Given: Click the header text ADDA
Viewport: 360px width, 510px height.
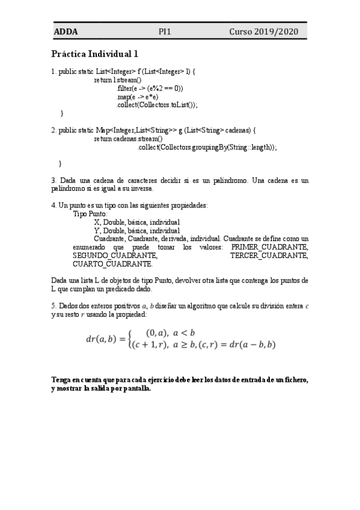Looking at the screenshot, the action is pos(66,32).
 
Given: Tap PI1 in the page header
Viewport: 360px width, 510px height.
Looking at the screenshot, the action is pos(165,32).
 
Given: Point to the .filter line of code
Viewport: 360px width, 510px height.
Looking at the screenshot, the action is pos(150,88).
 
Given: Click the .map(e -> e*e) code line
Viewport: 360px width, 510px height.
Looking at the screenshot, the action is pos(138,96).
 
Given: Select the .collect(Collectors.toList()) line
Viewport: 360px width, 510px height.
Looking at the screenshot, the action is pos(157,105).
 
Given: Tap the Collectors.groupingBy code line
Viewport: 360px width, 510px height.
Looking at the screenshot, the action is pos(207,147).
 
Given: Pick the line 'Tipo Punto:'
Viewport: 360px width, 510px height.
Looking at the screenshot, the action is pos(90,214).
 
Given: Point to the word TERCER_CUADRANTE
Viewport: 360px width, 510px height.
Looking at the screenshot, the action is pos(269,256).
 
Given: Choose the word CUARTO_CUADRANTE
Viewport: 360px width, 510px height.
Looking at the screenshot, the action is pos(113,264).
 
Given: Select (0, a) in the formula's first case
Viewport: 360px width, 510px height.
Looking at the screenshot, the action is pos(156,333).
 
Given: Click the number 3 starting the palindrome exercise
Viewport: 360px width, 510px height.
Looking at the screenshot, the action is pos(53,180).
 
